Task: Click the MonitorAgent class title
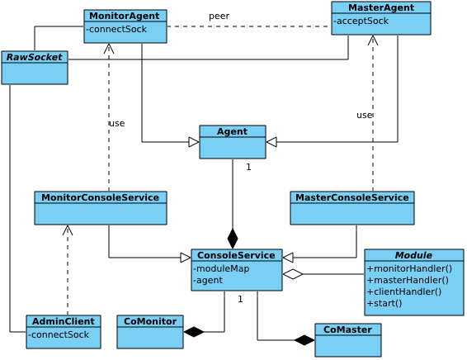point(125,16)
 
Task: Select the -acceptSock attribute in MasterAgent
point(361,21)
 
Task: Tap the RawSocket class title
point(35,57)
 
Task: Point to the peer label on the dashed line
point(219,16)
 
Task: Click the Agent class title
point(232,131)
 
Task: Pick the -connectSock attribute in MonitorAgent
point(116,29)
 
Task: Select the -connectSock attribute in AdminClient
point(59,334)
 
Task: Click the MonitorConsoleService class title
point(100,197)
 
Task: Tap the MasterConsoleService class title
point(352,197)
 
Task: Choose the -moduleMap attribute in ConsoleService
point(221,268)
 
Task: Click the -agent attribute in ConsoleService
point(208,280)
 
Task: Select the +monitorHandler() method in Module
point(409,268)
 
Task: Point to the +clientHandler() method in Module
point(404,291)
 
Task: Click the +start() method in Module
point(384,303)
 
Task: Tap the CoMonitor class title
point(150,321)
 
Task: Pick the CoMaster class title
point(347,329)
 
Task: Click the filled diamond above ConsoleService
point(233,239)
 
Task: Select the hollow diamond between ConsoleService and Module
point(293,274)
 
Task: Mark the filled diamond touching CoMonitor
point(194,332)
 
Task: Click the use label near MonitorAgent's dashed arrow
point(117,123)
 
